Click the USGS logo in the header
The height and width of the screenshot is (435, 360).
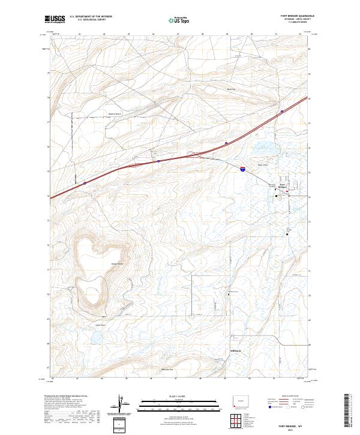click(x=55, y=20)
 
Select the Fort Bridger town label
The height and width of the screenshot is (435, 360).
click(x=286, y=186)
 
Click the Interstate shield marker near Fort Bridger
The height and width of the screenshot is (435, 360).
click(x=243, y=170)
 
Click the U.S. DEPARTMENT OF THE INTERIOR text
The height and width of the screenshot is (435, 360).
click(x=90, y=17)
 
